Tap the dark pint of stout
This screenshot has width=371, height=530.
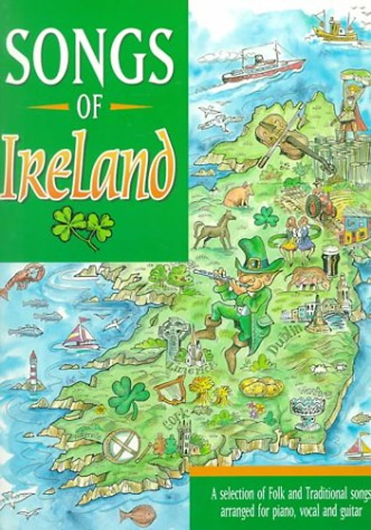330,261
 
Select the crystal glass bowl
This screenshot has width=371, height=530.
306,414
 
